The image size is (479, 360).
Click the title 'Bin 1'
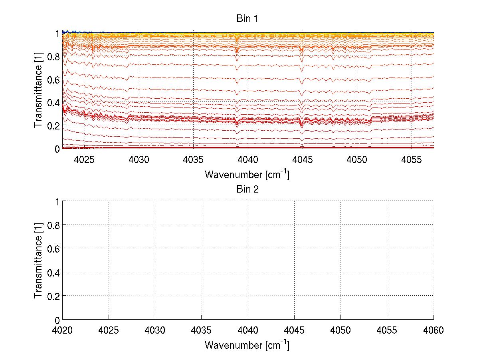pyautogui.click(x=247, y=19)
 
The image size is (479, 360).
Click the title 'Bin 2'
pyautogui.click(x=247, y=189)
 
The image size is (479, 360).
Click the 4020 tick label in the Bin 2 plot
pyautogui.click(x=62, y=330)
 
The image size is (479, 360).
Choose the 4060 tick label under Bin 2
pyautogui.click(x=433, y=330)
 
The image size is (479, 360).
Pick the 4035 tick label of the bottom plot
pyautogui.click(x=202, y=330)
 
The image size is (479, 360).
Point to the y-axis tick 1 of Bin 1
pyautogui.click(x=57, y=34)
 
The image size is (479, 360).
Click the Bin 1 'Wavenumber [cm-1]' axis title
pyautogui.click(x=247, y=174)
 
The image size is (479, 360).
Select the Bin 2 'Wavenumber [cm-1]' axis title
pyautogui.click(x=247, y=345)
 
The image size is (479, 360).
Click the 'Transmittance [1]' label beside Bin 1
pyautogui.click(x=38, y=91)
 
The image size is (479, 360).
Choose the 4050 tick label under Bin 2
pyautogui.click(x=340, y=330)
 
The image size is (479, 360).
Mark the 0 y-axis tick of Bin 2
pyautogui.click(x=57, y=320)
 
